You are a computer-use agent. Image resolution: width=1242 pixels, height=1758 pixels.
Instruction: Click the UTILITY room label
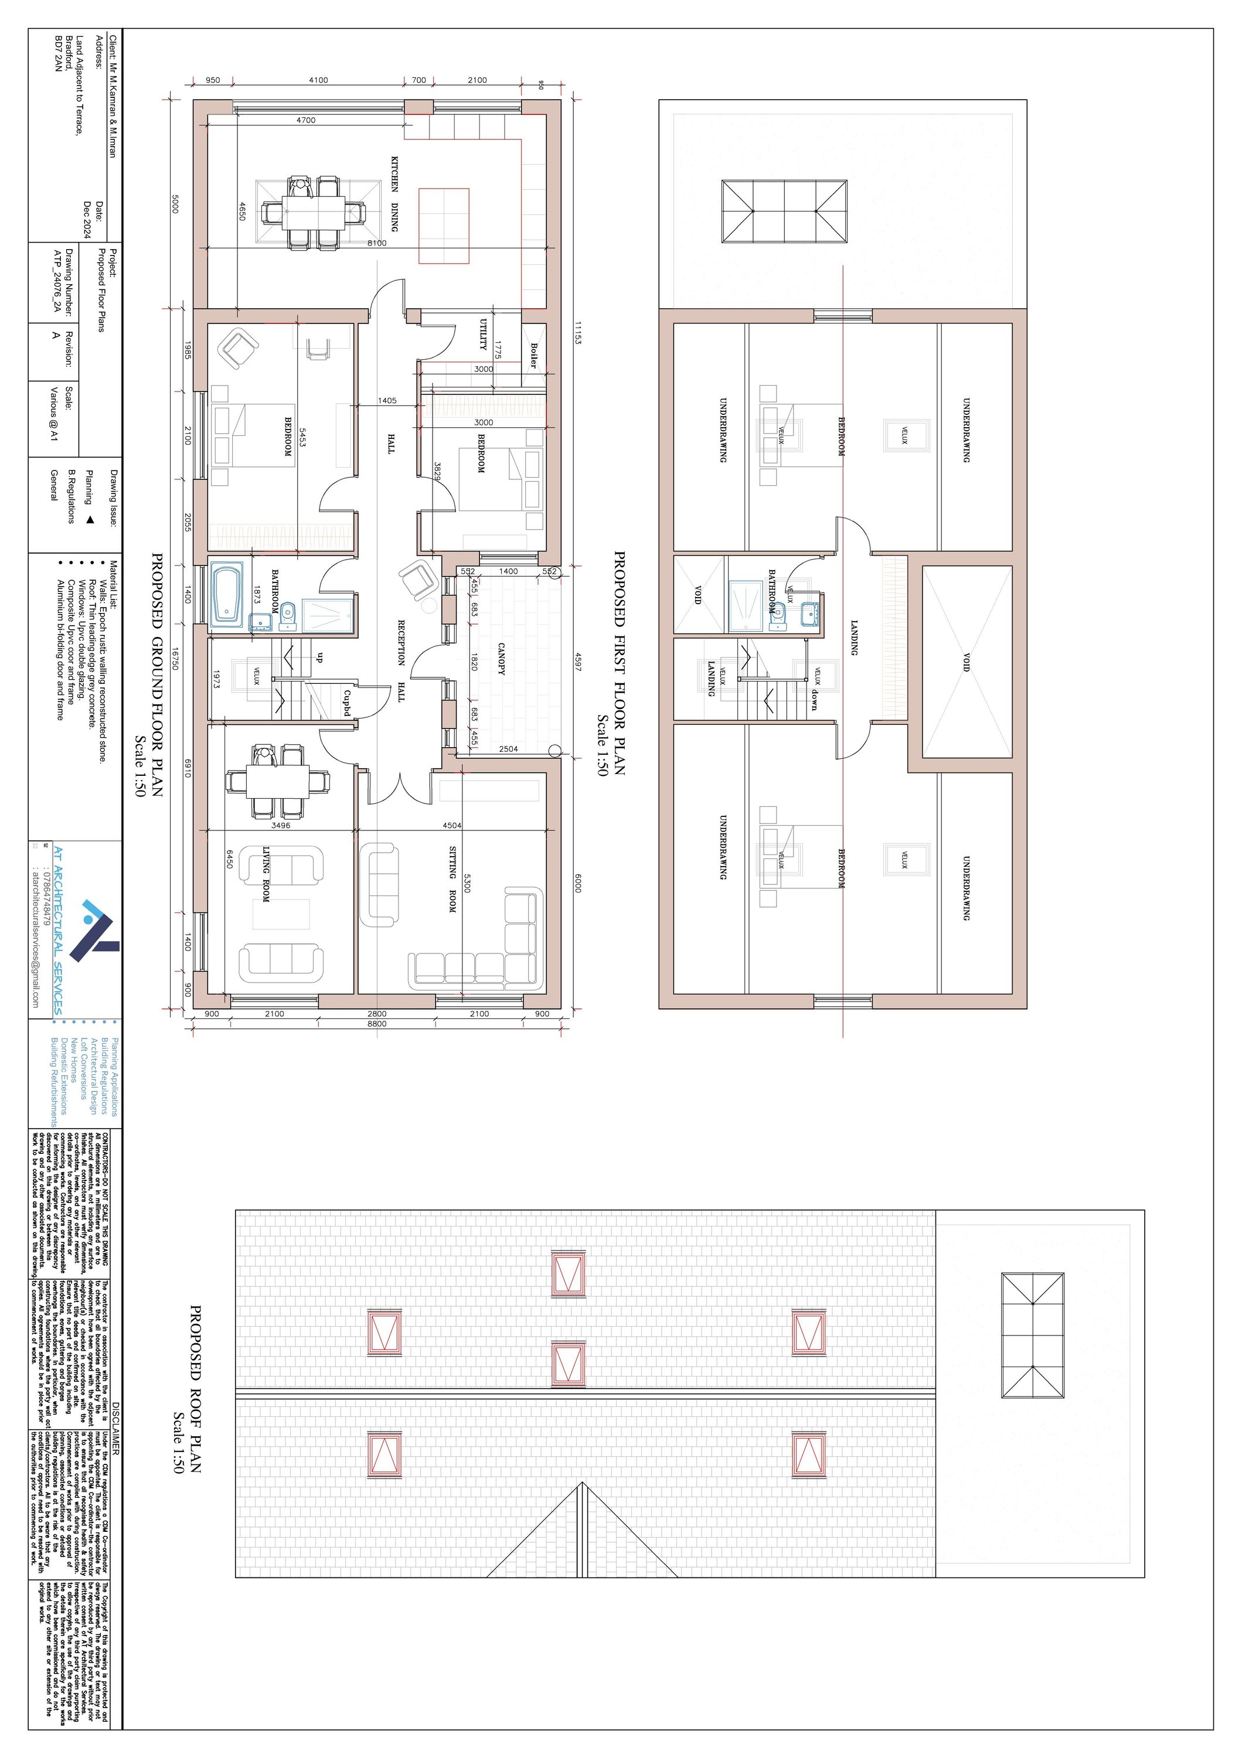point(483,335)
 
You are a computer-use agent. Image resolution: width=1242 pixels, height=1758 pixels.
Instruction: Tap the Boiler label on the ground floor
point(533,355)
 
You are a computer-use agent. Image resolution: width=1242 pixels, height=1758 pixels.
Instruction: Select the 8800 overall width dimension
point(377,1024)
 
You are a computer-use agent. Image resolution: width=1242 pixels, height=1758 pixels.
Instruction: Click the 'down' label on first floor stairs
point(813,700)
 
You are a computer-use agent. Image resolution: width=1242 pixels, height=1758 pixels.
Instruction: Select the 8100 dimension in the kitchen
point(377,243)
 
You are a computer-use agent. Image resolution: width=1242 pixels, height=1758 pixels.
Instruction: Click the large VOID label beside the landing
point(967,662)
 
